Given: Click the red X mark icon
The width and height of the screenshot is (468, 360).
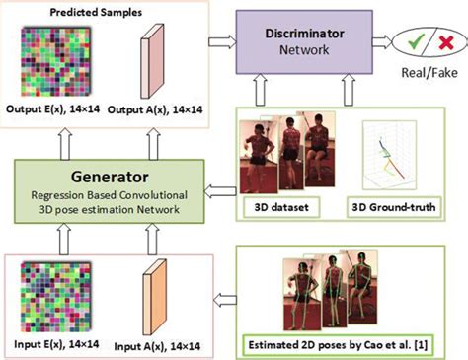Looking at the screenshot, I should tap(443, 42).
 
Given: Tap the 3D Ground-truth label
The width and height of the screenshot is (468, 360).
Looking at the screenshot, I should tap(394, 208).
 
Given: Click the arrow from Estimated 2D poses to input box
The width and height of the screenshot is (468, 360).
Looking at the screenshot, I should tap(222, 296).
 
